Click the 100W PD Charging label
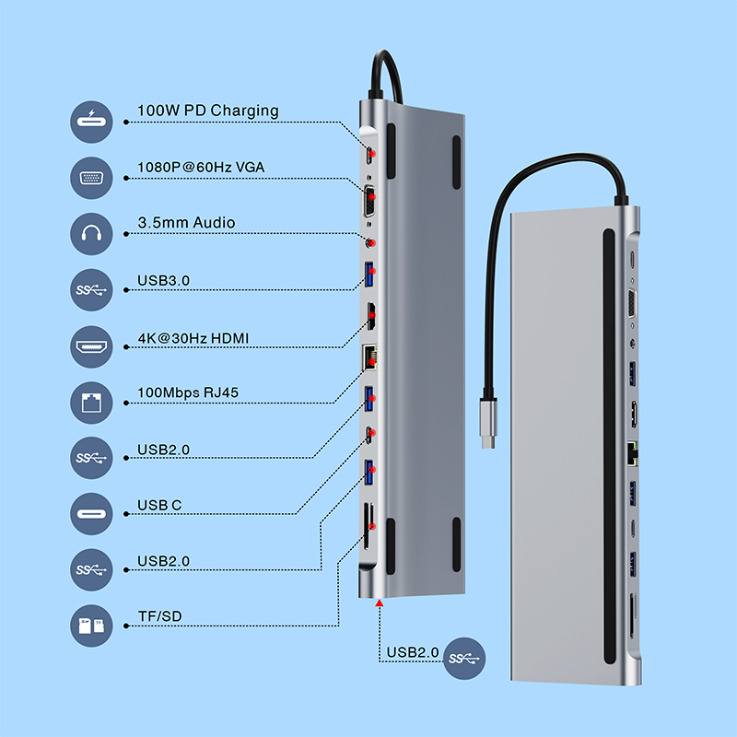(x=207, y=111)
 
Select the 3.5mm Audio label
(x=186, y=223)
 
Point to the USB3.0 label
(x=163, y=280)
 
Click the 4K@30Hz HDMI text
(x=193, y=339)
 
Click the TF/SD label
(x=158, y=616)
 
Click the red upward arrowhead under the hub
(x=380, y=604)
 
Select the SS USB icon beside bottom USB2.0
(x=462, y=658)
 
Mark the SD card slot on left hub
(x=368, y=529)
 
